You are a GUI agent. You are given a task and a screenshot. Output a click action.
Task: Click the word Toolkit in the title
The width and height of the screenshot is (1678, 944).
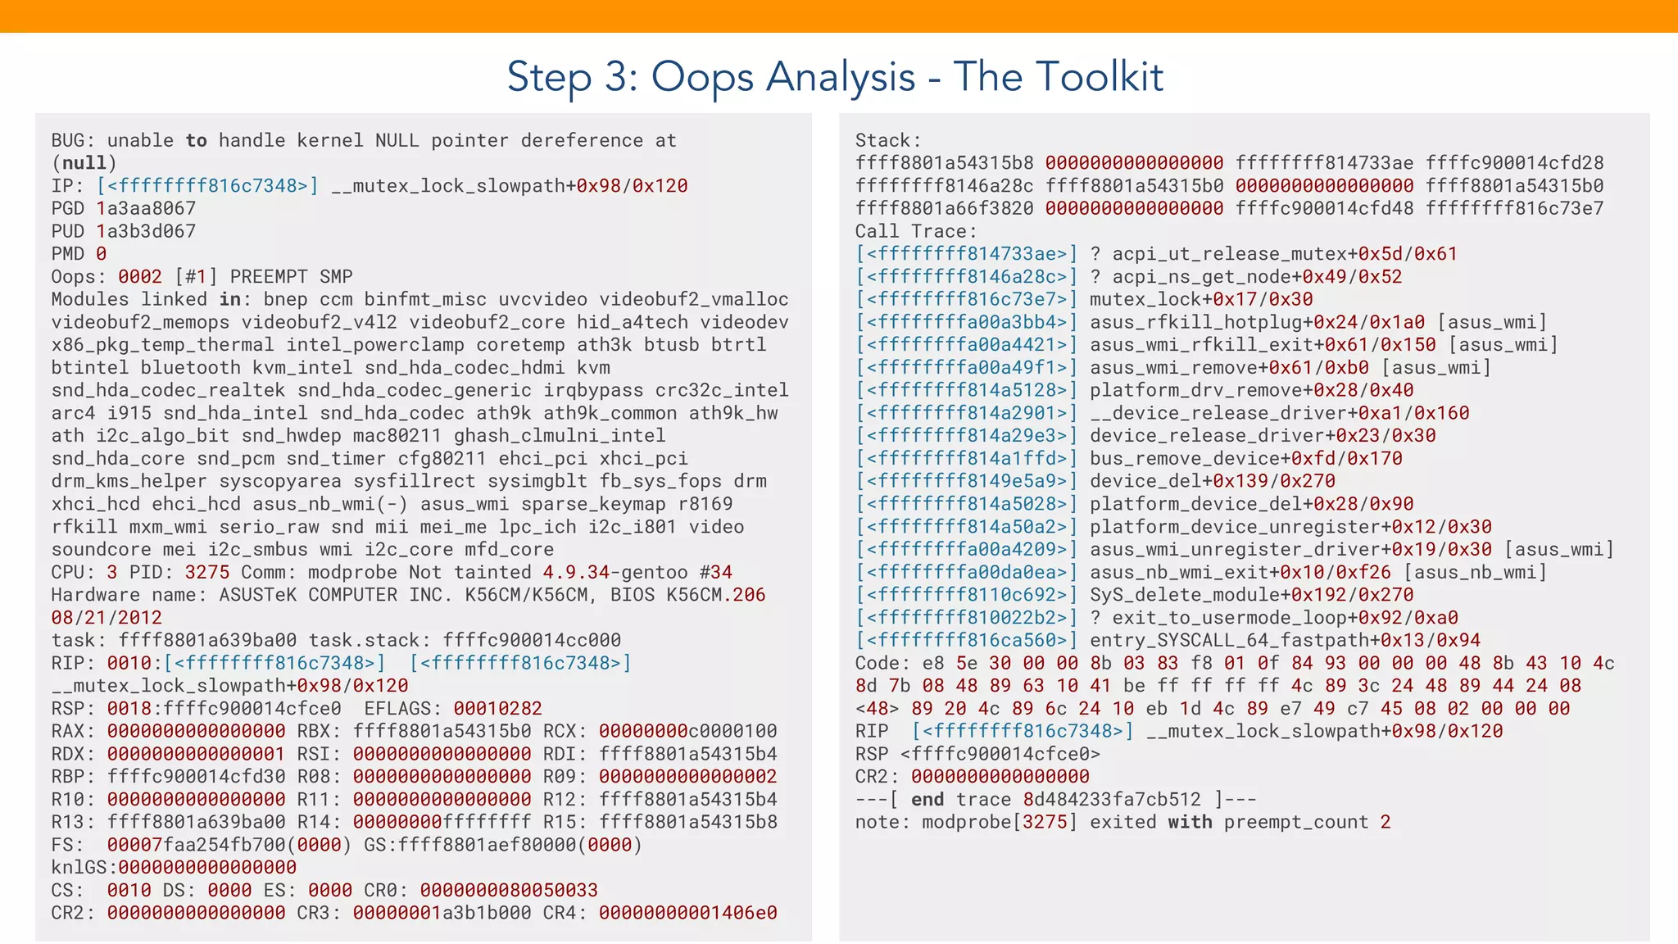(x=1099, y=77)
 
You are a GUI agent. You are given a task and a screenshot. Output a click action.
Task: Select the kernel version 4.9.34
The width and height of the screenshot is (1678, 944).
(x=576, y=572)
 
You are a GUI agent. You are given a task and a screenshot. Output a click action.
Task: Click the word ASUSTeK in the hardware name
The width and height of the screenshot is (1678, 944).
(x=257, y=595)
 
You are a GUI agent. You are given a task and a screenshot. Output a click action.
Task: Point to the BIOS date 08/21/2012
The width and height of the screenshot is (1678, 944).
(x=107, y=618)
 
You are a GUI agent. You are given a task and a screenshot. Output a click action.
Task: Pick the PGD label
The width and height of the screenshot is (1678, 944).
(x=67, y=209)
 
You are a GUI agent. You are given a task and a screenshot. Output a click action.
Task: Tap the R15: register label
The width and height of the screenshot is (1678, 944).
(x=565, y=822)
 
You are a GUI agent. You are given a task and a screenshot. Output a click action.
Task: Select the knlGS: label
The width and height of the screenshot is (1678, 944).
(x=84, y=868)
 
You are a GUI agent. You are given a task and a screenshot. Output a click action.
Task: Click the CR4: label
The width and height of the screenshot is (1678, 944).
(x=565, y=913)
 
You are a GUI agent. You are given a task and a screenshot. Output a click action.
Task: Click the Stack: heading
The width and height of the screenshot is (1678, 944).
(x=888, y=141)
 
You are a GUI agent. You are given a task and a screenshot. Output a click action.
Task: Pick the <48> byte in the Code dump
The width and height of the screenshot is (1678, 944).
(x=877, y=709)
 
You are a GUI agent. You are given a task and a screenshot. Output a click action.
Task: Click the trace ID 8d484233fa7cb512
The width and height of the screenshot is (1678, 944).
(x=1112, y=800)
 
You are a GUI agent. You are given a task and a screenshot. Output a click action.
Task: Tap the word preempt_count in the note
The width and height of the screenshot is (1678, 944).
(x=1296, y=823)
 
